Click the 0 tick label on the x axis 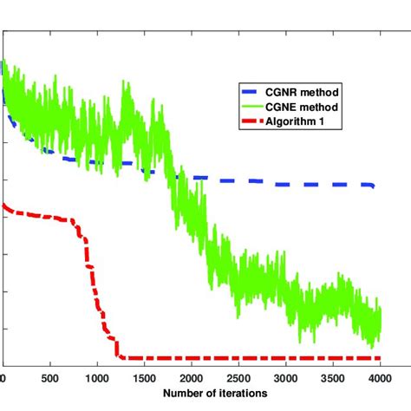tap(3, 378)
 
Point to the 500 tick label tap(50, 378)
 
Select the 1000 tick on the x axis tap(98, 378)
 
